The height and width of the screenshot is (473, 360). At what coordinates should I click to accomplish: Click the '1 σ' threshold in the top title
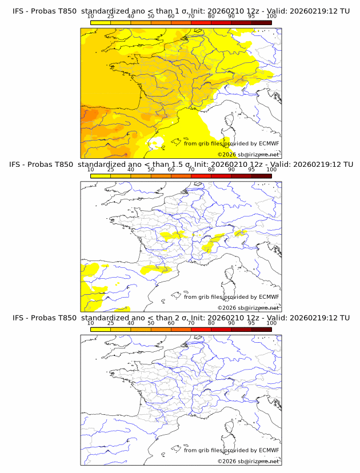click(x=185, y=11)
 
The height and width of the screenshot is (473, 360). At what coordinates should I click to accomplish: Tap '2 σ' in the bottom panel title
click(x=185, y=318)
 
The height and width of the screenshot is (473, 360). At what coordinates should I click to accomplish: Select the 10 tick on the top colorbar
click(x=91, y=17)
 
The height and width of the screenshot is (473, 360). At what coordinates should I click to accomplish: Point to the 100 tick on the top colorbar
click(x=271, y=17)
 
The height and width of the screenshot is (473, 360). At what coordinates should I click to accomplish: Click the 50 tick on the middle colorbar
click(x=151, y=170)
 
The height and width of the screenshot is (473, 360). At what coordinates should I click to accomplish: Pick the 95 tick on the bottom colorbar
click(x=251, y=323)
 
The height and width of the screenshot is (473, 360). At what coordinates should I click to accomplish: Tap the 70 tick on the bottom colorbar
click(x=191, y=323)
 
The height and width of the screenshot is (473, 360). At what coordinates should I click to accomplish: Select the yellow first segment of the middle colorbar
click(x=101, y=176)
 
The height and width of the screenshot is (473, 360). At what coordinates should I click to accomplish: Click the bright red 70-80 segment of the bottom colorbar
click(x=201, y=329)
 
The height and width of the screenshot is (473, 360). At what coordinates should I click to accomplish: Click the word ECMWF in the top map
click(x=269, y=143)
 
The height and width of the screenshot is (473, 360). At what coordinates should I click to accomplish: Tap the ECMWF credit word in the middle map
click(x=269, y=296)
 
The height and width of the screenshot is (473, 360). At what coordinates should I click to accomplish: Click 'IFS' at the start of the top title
click(x=18, y=11)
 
